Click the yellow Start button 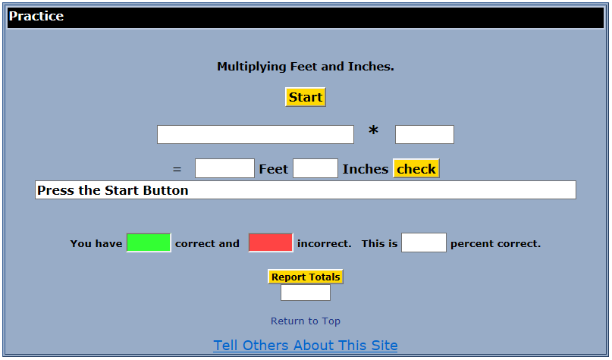pos(305,97)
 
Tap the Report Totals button pos(306,277)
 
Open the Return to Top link pos(306,321)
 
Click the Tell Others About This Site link pos(305,345)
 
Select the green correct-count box pos(149,243)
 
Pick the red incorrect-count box pos(271,243)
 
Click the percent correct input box pos(424,243)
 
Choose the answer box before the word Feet pos(224,168)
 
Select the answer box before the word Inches pos(315,168)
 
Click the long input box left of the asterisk pos(256,135)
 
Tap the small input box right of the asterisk pos(425,135)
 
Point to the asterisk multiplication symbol pos(374,130)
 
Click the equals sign pos(177,169)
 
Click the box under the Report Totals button pos(306,293)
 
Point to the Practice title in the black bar pos(36,16)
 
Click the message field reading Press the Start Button pos(306,190)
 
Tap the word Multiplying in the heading pos(252,67)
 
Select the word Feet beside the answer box pos(274,169)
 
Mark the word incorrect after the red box pos(325,244)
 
